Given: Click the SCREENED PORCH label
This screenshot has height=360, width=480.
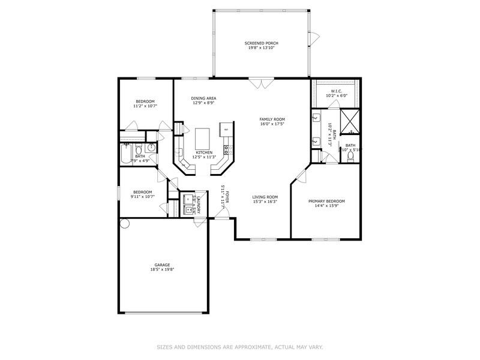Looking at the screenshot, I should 261,43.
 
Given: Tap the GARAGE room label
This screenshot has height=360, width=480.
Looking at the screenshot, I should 162,265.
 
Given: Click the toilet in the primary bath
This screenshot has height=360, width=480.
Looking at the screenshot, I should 350,155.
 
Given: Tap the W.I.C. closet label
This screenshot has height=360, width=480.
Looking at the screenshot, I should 337,91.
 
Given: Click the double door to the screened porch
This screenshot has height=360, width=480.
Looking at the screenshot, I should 261,83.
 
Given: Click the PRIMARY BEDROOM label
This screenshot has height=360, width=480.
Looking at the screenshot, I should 326,201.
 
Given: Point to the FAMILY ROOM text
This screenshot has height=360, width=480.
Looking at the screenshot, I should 272,119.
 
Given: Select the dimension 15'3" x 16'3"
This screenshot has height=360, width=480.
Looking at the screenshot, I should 264,202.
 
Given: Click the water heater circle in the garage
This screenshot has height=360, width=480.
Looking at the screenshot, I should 124,223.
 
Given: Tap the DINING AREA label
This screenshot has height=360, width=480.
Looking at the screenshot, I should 204,98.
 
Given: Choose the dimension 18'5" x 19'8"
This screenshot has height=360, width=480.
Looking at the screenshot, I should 162,270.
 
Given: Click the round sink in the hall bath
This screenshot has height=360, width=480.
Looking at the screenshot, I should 151,148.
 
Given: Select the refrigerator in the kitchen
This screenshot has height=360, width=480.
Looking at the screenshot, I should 226,128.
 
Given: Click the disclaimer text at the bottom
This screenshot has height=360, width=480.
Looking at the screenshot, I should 240,347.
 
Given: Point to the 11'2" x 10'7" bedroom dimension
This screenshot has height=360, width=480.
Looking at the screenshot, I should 145,106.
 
